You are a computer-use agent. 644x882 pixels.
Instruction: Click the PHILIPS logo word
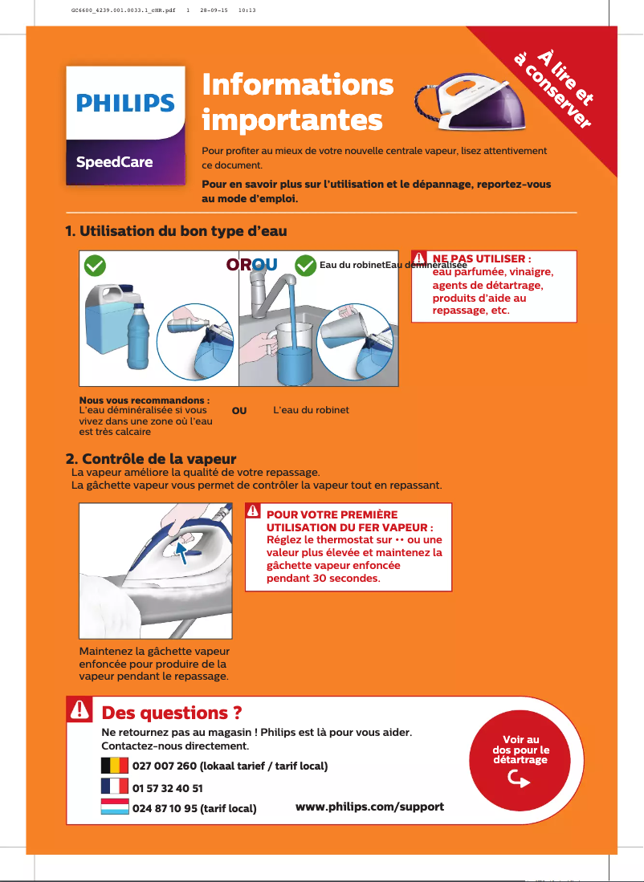click(x=124, y=103)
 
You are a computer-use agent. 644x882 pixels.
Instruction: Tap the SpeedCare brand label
click(x=114, y=161)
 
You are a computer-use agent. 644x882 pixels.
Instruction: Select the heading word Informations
click(x=298, y=84)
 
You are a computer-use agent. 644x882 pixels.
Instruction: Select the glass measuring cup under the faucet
click(x=297, y=353)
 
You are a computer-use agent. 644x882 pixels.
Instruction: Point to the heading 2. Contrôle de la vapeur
click(x=150, y=459)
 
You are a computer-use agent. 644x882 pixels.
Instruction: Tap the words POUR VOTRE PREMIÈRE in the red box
click(x=331, y=514)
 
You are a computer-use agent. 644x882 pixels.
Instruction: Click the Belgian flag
click(x=114, y=765)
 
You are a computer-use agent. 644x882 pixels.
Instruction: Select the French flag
click(x=114, y=786)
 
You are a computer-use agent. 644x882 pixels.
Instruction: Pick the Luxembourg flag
click(x=114, y=807)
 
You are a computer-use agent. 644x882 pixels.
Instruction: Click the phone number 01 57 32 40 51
click(x=167, y=789)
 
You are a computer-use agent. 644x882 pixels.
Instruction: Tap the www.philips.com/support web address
click(x=369, y=806)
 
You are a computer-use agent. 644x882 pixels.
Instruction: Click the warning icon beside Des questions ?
click(x=79, y=709)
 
